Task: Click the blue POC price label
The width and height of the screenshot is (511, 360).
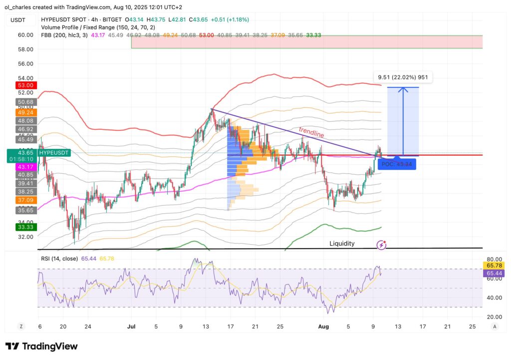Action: click(x=398, y=164)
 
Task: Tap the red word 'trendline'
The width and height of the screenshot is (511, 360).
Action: click(x=311, y=132)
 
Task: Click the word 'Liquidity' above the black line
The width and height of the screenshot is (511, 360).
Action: click(x=342, y=244)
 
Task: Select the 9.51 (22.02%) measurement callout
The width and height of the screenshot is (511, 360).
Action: click(x=403, y=77)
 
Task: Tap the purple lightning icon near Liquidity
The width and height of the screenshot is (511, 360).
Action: click(x=382, y=245)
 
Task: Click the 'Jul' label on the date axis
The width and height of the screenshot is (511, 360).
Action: click(x=131, y=326)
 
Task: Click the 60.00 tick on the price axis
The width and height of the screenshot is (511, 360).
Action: click(x=26, y=35)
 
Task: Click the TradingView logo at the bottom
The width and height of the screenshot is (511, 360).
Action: click(x=41, y=346)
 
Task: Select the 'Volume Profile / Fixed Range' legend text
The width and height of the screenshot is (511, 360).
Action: click(x=90, y=27)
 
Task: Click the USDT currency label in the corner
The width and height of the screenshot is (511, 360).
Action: click(x=19, y=19)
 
